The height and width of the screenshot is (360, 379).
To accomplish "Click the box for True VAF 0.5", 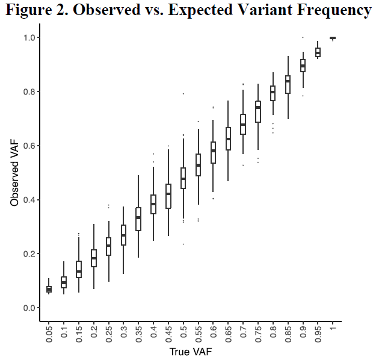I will pos(183,178).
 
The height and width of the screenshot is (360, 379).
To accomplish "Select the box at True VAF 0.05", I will pos(49,290).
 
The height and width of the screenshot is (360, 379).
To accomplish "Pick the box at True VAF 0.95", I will pos(318,52).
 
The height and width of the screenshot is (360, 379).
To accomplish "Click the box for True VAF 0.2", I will pos(94,258).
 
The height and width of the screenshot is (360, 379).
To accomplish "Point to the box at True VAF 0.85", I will pos(288,84).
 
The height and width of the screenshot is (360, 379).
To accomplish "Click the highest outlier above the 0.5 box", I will pos(183,93).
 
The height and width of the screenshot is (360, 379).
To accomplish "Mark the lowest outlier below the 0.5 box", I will pos(183,244).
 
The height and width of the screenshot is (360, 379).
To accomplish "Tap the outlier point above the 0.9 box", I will pos(303,37).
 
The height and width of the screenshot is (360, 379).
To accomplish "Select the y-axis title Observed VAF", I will pos(14,173).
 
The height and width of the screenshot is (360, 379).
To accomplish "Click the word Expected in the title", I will pos(193,10).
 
